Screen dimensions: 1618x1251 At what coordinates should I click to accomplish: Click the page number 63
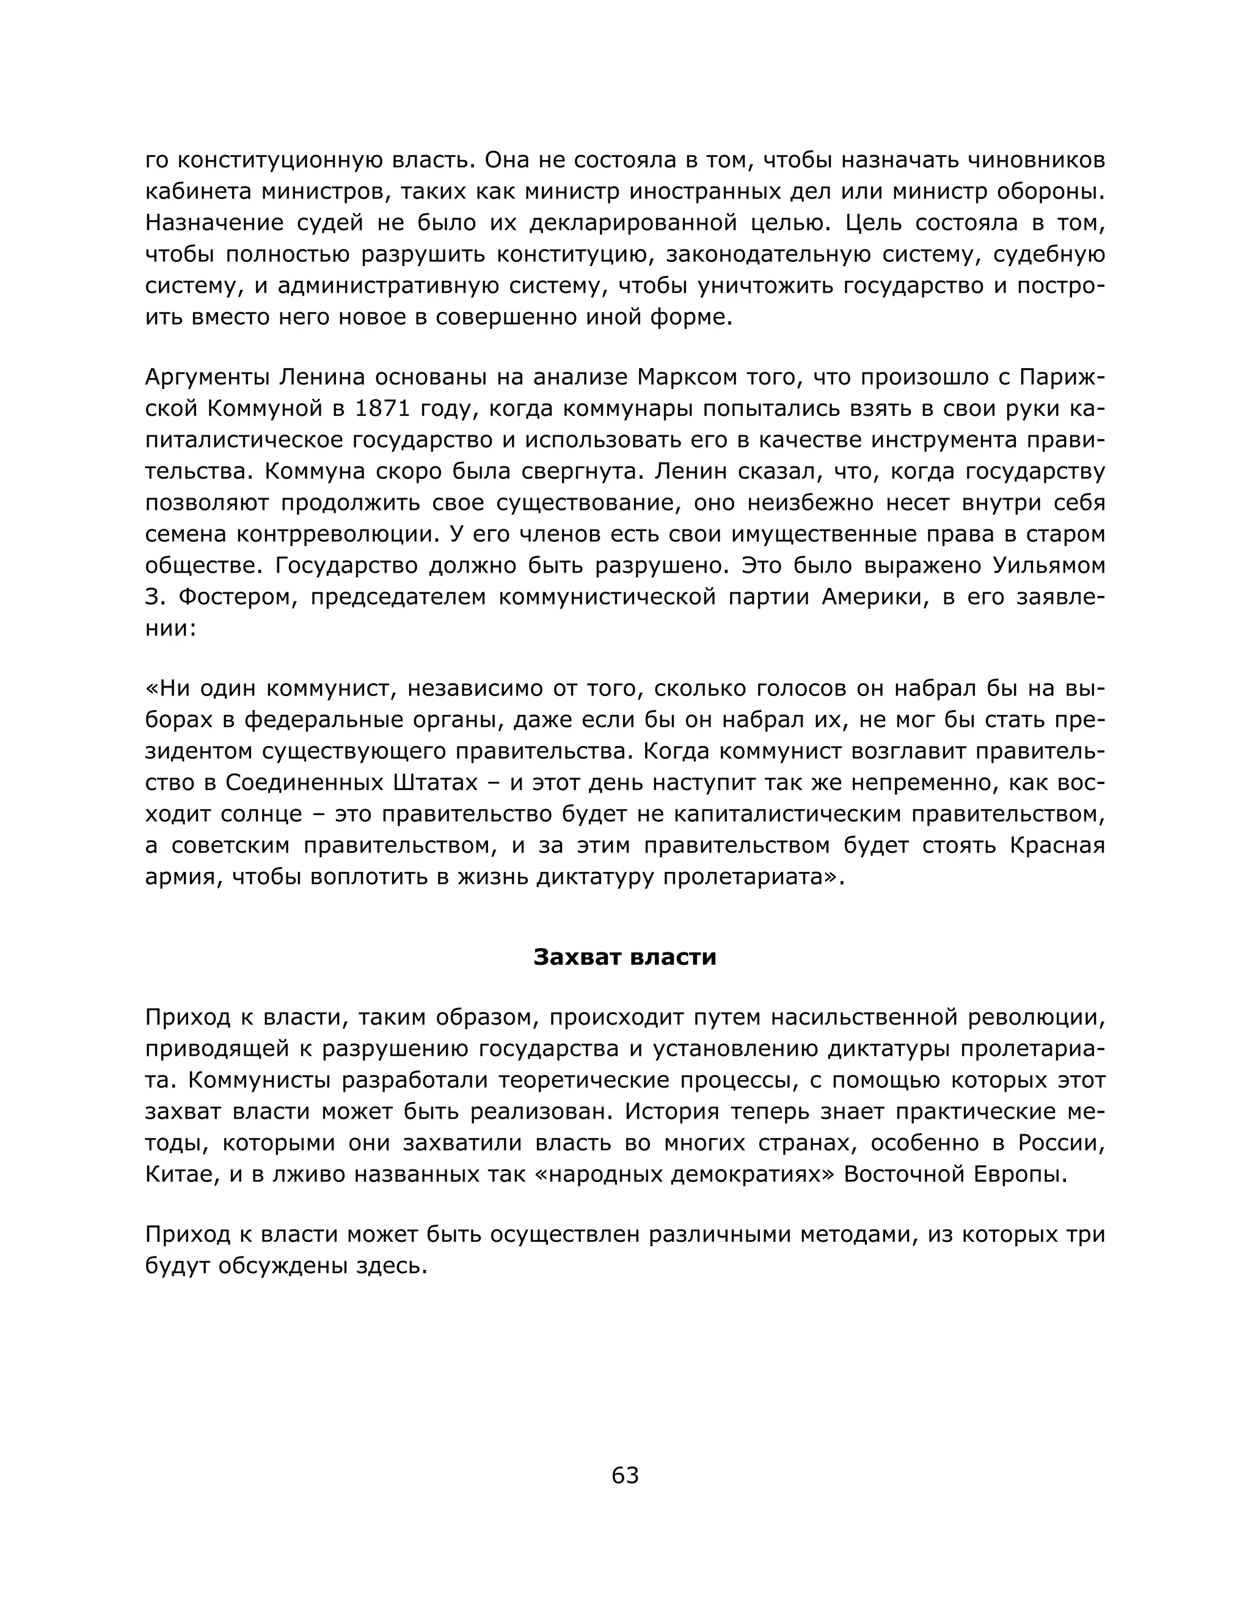click(625, 1475)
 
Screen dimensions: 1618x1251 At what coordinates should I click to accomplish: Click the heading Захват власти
click(625, 957)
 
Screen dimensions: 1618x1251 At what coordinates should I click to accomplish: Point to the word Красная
click(1057, 845)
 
